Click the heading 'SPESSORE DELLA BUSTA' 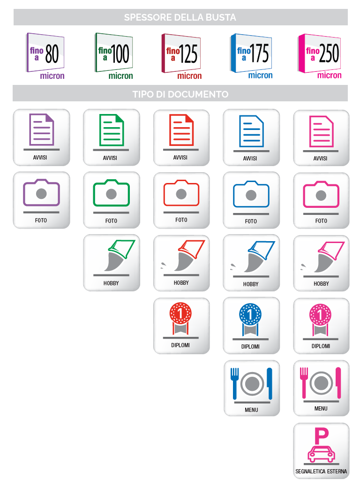(180, 18)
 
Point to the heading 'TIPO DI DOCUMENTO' (180, 94)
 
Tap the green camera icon (111, 193)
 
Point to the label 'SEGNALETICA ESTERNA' (321, 471)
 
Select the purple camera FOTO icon (41, 193)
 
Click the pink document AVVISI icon (321, 131)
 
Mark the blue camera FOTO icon (251, 194)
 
